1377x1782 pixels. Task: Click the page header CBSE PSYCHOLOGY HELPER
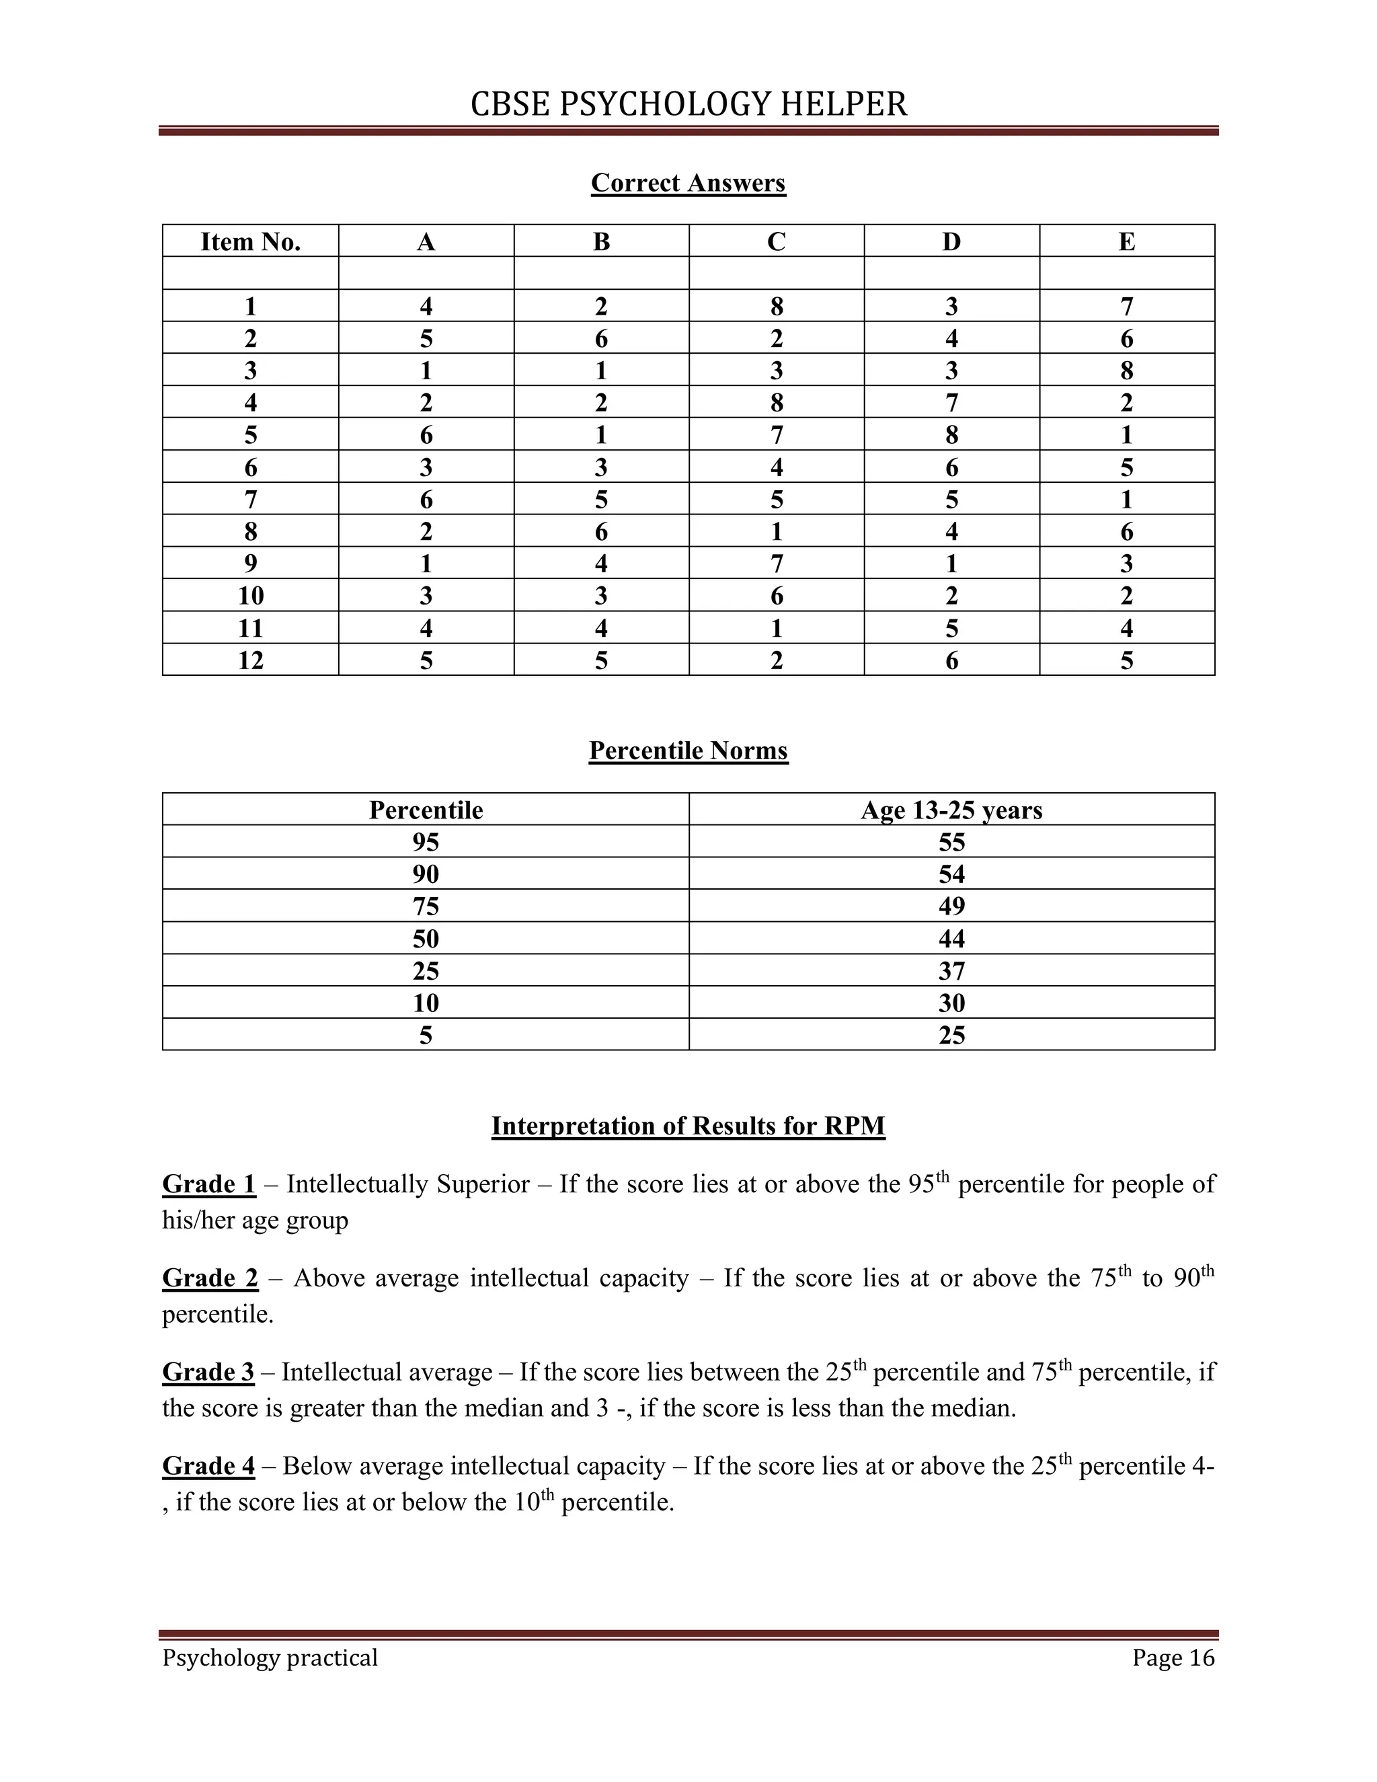pyautogui.click(x=688, y=104)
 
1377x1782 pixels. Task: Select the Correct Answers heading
pyautogui.click(x=688, y=183)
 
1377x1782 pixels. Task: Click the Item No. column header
pyautogui.click(x=250, y=241)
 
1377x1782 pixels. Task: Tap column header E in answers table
pyautogui.click(x=1127, y=241)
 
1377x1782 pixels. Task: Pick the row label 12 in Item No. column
pyautogui.click(x=250, y=660)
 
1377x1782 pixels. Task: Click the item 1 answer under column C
pyautogui.click(x=776, y=307)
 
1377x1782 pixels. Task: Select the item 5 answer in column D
pyautogui.click(x=951, y=435)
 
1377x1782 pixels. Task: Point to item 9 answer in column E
pyautogui.click(x=1127, y=564)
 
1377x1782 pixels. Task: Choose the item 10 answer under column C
pyautogui.click(x=776, y=596)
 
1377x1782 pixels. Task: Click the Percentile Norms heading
pyautogui.click(x=688, y=750)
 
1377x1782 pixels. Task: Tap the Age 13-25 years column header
pyautogui.click(x=951, y=810)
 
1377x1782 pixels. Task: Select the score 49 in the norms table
pyautogui.click(x=951, y=906)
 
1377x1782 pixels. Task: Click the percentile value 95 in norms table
pyautogui.click(x=425, y=842)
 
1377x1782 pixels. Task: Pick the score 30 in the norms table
pyautogui.click(x=951, y=1003)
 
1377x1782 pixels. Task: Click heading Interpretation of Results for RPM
pyautogui.click(x=688, y=1126)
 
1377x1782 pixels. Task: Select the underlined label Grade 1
pyautogui.click(x=209, y=1184)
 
